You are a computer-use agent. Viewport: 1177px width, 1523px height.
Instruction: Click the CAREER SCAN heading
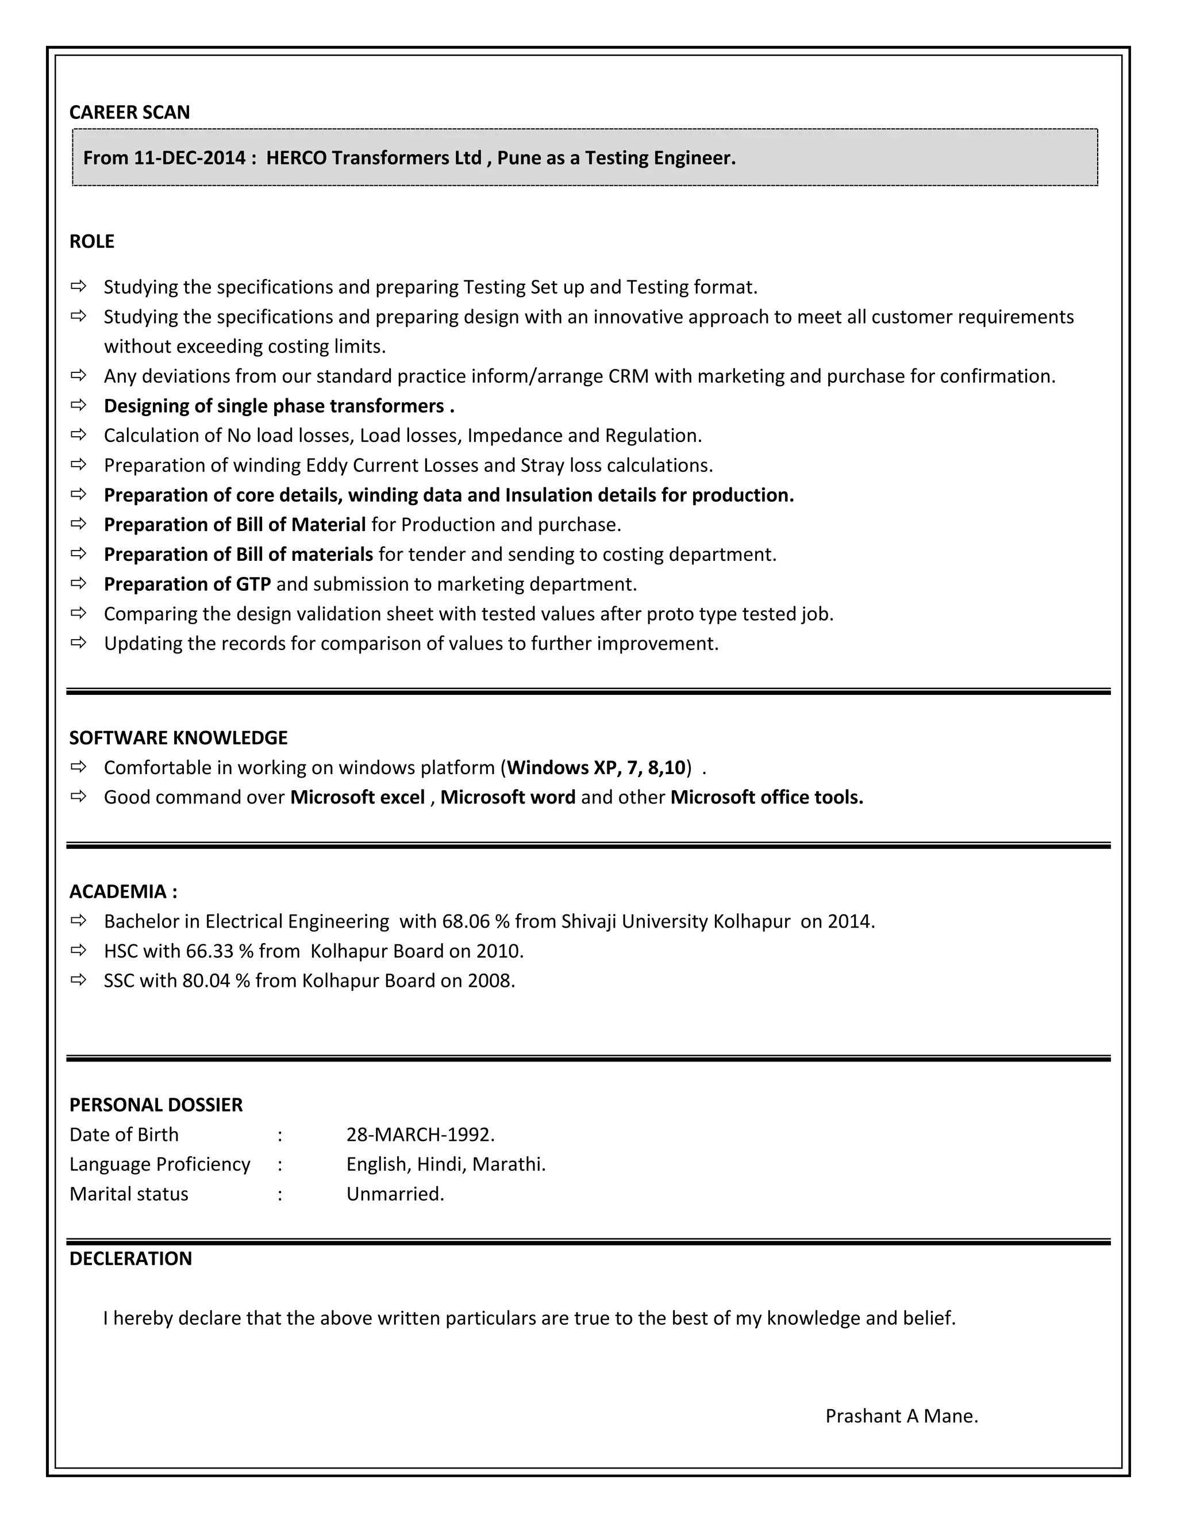(130, 112)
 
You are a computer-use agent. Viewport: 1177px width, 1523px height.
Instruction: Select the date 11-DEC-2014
(190, 157)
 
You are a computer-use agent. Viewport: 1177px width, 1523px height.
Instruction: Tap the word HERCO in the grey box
(295, 157)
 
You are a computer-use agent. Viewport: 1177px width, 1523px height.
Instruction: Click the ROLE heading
(91, 241)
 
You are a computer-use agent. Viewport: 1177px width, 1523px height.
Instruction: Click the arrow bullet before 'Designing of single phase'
(79, 405)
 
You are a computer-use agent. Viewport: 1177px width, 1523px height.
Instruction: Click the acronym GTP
(253, 584)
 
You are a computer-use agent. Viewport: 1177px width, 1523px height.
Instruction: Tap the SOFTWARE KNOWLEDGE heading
(179, 738)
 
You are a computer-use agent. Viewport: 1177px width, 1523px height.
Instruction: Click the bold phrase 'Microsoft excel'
(357, 797)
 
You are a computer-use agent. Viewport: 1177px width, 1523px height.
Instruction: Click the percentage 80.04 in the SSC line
(206, 981)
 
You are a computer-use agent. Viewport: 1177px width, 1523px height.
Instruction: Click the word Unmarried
(395, 1194)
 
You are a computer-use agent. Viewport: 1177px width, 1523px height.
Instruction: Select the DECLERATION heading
(130, 1259)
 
